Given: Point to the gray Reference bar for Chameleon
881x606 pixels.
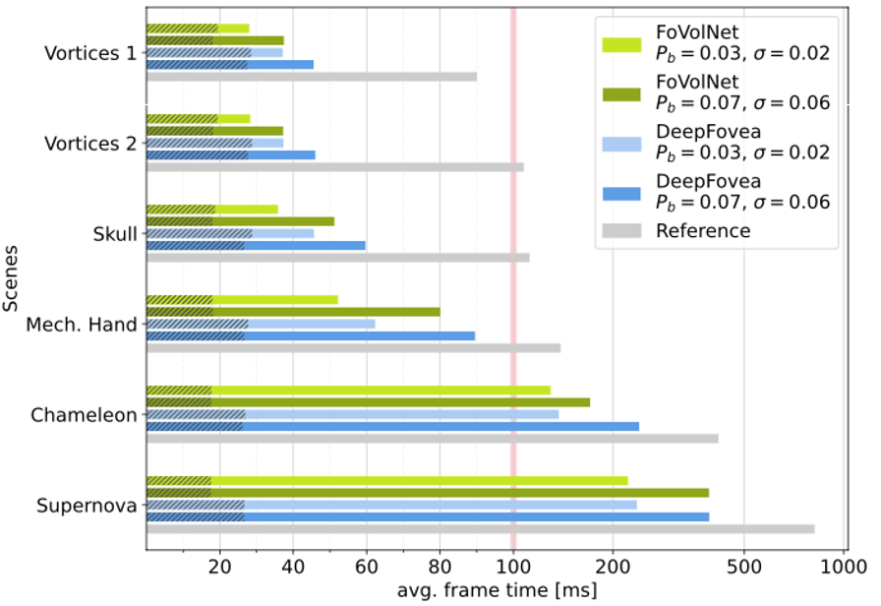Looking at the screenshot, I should (x=432, y=439).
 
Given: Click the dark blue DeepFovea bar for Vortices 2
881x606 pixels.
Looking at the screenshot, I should (x=230, y=154).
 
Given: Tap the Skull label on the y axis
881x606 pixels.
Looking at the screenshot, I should (x=115, y=234).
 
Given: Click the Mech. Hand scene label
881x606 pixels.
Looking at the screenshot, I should (x=81, y=325).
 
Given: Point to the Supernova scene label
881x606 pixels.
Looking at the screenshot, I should (x=87, y=507).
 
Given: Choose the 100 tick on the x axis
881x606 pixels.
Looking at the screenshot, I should (x=512, y=568).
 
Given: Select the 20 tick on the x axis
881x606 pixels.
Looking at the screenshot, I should (x=219, y=568).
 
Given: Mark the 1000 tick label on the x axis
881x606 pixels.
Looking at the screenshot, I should (x=843, y=568).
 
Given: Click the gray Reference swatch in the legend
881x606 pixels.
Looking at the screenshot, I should (x=620, y=231).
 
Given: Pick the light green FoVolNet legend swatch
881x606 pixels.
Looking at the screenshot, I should (x=620, y=43).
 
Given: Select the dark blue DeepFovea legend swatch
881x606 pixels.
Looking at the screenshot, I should (x=620, y=191).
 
